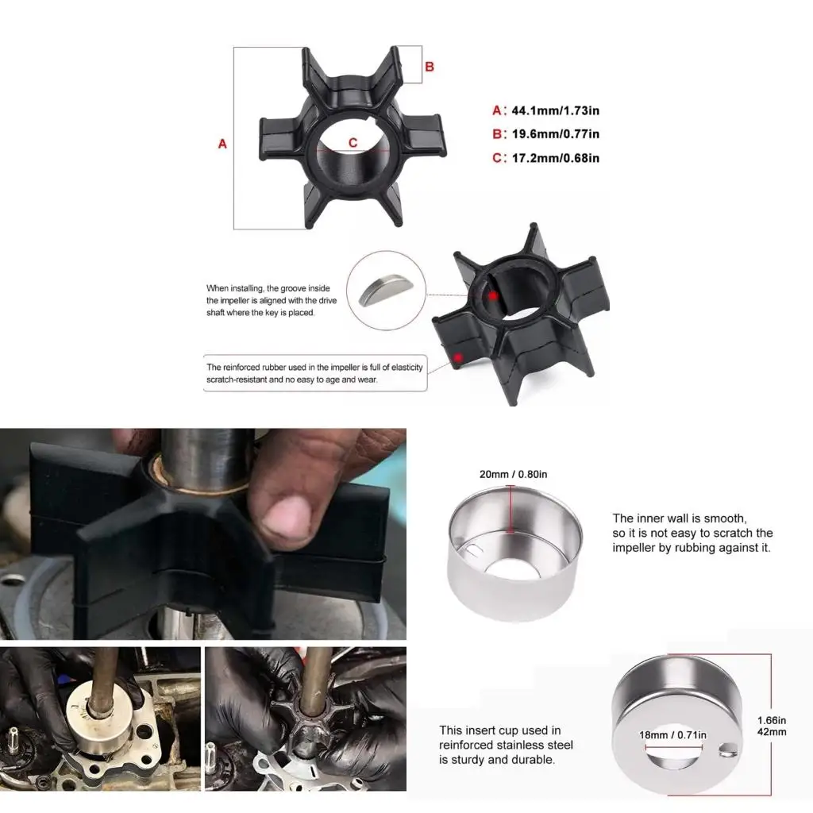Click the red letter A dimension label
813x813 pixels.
(222, 144)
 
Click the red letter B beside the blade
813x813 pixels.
(430, 67)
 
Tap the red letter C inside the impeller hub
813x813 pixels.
(353, 143)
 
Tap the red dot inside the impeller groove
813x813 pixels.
(493, 295)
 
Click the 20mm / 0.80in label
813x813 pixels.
(513, 475)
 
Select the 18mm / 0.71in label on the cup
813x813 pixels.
(672, 735)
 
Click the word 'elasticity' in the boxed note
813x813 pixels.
(402, 367)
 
